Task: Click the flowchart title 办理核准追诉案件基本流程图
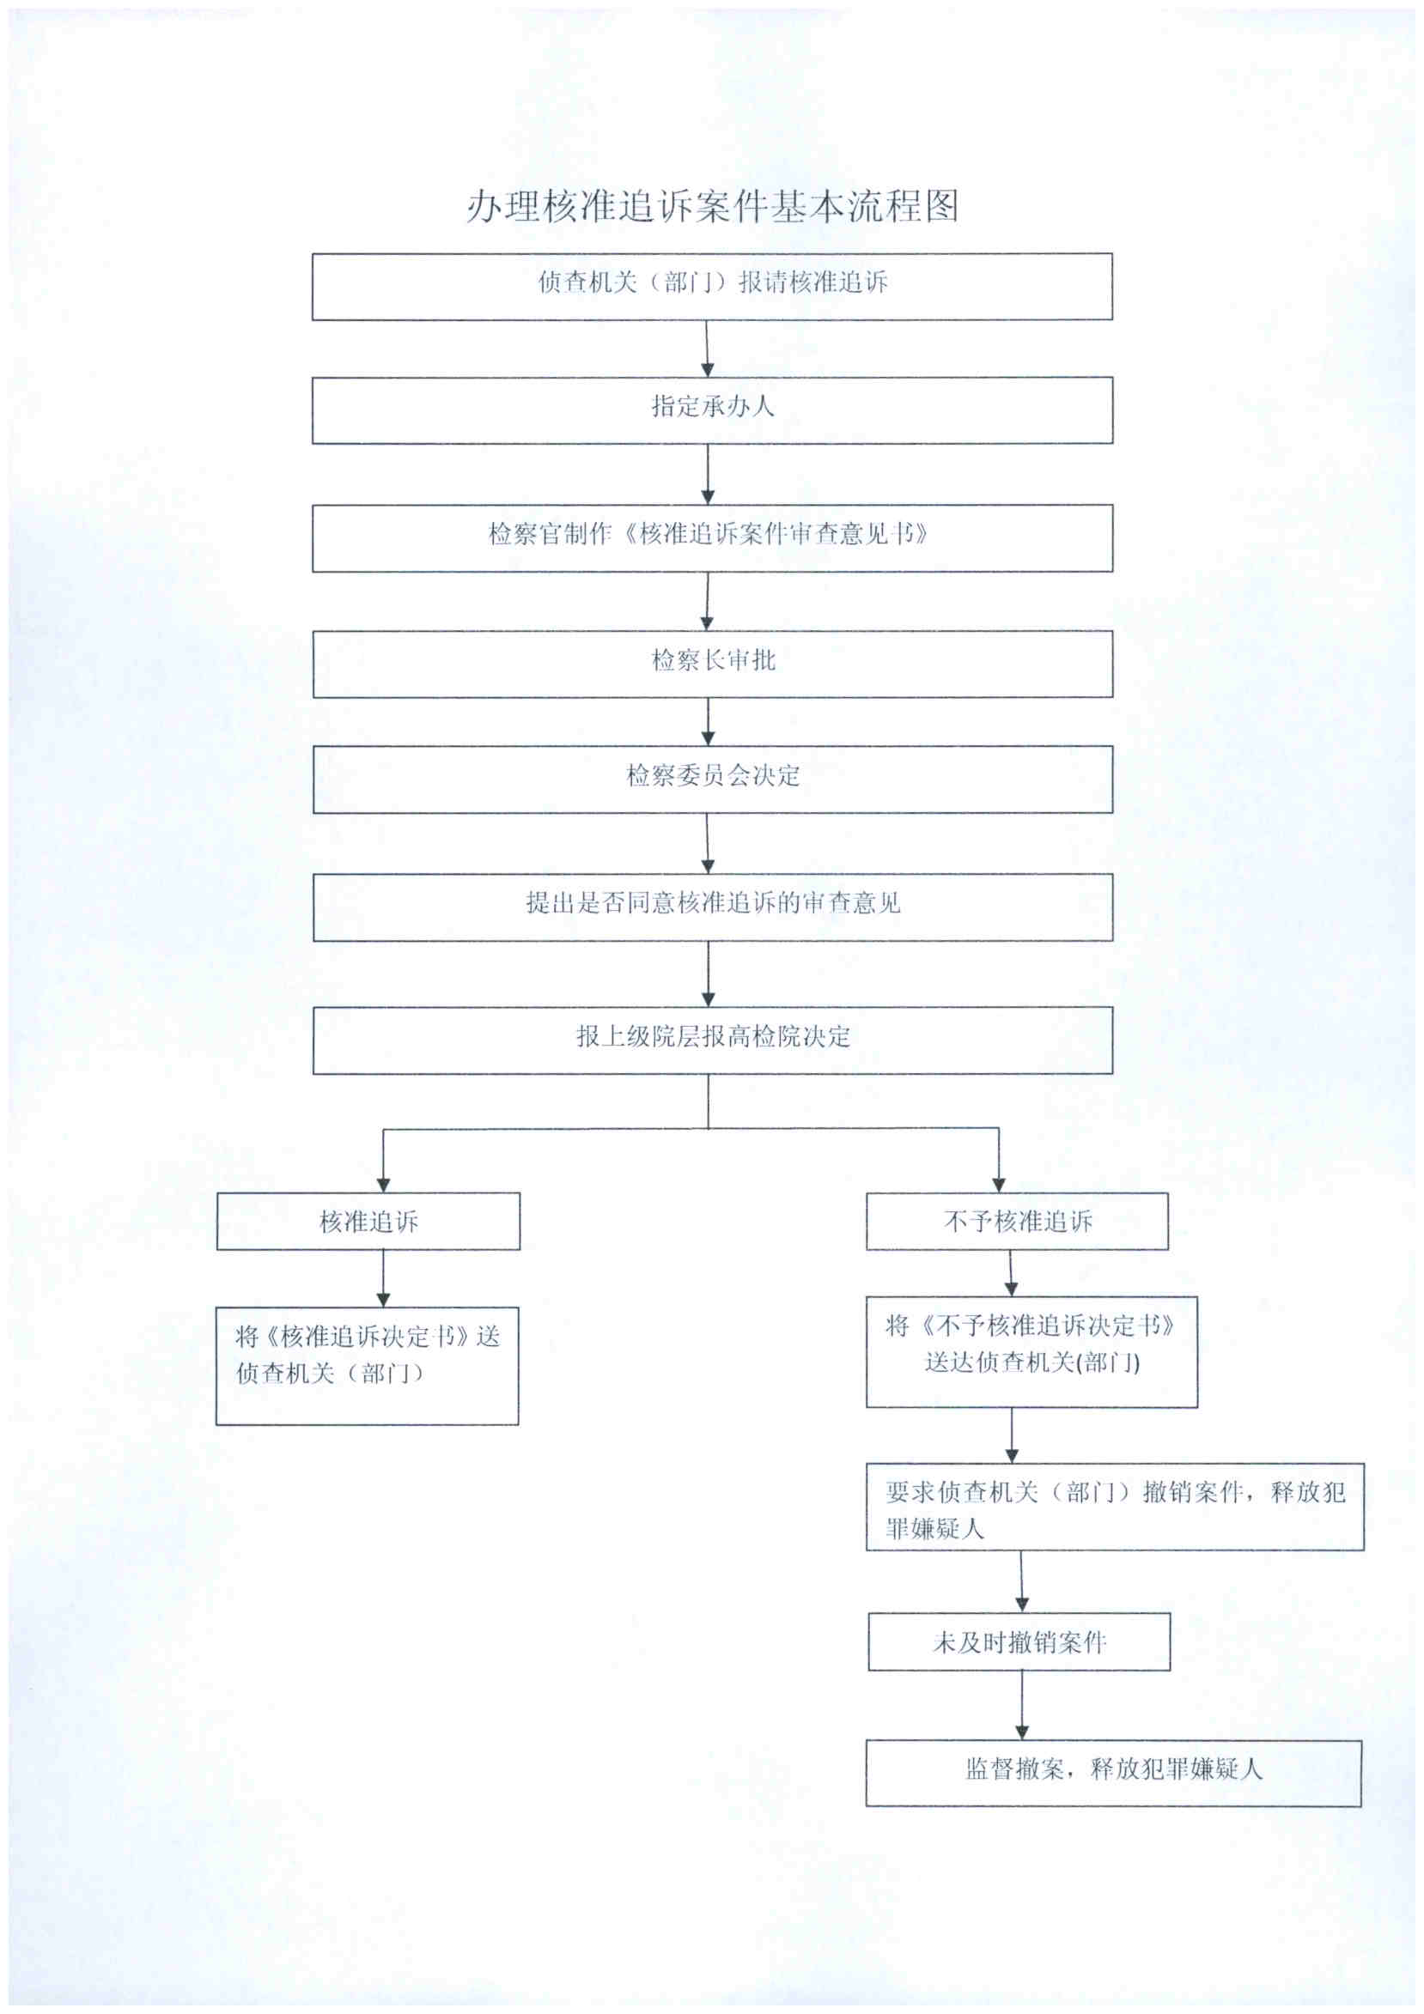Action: [711, 206]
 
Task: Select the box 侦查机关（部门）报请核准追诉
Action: [711, 286]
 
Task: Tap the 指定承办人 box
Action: [711, 409]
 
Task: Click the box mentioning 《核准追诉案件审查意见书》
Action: [711, 537]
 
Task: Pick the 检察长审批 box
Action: [711, 663]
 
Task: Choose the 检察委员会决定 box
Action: [711, 778]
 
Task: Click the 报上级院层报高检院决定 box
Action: [711, 1040]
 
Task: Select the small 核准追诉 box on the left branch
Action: [368, 1220]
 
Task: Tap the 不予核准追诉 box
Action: [1017, 1220]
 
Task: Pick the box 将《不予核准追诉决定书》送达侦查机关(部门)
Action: [1031, 1351]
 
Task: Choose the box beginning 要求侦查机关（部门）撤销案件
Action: [1114, 1506]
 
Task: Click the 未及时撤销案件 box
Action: [1019, 1641]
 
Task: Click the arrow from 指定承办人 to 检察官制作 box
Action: [707, 474]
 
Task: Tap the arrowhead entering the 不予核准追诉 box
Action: [999, 1183]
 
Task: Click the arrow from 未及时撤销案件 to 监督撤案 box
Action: [1021, 1704]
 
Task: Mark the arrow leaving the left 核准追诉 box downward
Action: [382, 1278]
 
